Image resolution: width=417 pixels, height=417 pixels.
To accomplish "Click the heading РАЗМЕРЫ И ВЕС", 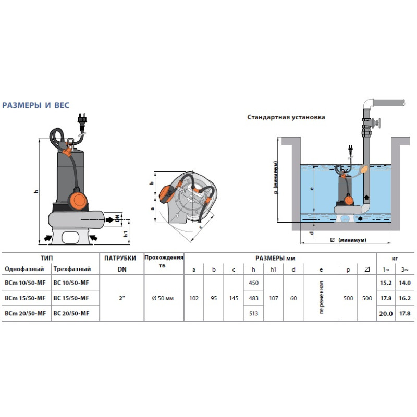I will [36, 105].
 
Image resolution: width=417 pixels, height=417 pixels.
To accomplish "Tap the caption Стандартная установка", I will [286, 117].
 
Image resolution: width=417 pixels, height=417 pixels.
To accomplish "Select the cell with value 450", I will [253, 283].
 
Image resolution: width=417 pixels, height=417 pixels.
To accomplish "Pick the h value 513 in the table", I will [253, 314].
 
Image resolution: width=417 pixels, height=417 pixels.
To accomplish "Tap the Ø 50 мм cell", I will [163, 298].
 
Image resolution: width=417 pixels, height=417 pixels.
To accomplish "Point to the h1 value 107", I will [274, 298].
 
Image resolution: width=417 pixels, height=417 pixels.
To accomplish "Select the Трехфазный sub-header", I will [72, 269].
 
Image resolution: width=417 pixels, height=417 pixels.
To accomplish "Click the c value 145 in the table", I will [234, 298].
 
